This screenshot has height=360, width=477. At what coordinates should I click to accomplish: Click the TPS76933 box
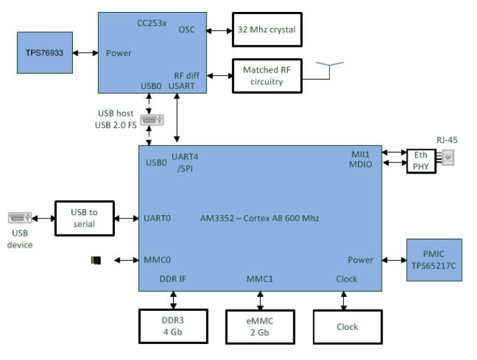[45, 53]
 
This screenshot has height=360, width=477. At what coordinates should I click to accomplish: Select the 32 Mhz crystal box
[267, 30]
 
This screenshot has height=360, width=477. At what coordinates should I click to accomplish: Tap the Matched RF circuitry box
[267, 76]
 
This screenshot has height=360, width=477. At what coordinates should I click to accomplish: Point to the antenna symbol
[329, 68]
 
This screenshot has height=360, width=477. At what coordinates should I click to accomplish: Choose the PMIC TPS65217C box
[434, 259]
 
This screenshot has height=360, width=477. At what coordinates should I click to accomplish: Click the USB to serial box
[84, 218]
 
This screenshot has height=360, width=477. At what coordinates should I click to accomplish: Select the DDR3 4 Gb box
[172, 326]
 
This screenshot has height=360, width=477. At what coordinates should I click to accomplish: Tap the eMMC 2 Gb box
[260, 326]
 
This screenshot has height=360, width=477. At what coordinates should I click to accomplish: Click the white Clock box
[347, 326]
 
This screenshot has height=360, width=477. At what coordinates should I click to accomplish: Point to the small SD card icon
[96, 261]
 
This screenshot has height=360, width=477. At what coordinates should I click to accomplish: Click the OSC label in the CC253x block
[187, 29]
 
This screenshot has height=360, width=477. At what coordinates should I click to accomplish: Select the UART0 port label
[158, 218]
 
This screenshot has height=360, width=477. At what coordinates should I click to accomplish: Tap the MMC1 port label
[260, 279]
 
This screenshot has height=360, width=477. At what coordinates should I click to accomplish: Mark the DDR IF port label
[173, 279]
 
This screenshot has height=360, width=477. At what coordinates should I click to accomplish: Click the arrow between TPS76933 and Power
[85, 53]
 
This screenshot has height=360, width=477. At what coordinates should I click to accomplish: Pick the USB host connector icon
[150, 120]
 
